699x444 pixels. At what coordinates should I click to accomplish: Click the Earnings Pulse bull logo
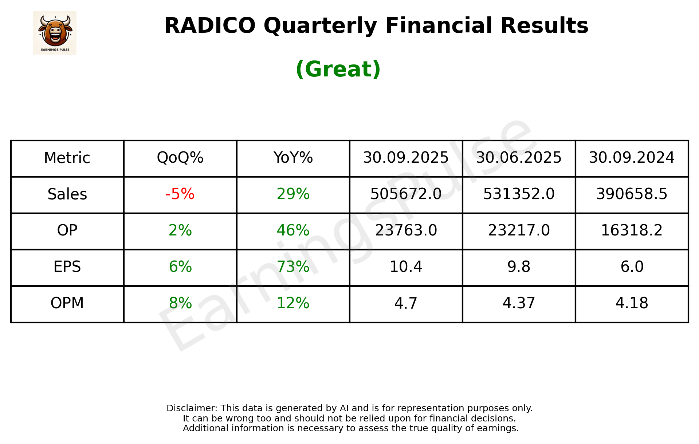coord(55,32)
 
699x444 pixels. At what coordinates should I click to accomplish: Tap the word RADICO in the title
coord(210,26)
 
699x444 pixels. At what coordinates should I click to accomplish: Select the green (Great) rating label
coord(338,69)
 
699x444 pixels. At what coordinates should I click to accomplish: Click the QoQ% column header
coord(180,158)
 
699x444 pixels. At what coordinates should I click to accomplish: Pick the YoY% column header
coord(293,158)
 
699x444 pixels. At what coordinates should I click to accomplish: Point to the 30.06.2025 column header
coord(519,158)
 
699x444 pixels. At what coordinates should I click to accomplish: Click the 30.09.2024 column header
coord(632,158)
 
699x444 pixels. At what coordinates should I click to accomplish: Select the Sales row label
coord(67,194)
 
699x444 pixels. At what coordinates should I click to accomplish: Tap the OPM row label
coord(67,303)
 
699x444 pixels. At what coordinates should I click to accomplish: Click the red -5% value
coord(180,194)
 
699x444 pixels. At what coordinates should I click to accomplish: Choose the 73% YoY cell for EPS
coord(293,267)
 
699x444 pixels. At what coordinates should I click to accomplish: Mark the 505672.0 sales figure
coord(406,194)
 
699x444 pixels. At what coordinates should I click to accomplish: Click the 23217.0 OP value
coord(519,230)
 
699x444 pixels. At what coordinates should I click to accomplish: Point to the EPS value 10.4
coord(406,267)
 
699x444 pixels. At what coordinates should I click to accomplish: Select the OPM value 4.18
coord(632,303)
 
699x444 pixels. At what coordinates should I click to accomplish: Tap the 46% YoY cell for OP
coord(293,230)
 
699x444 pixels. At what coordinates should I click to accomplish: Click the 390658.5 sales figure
coord(632,194)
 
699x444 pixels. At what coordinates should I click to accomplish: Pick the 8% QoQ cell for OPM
coord(180,303)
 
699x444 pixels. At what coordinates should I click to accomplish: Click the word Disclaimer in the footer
coord(192,408)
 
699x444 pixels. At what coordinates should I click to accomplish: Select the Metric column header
coord(67,158)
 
